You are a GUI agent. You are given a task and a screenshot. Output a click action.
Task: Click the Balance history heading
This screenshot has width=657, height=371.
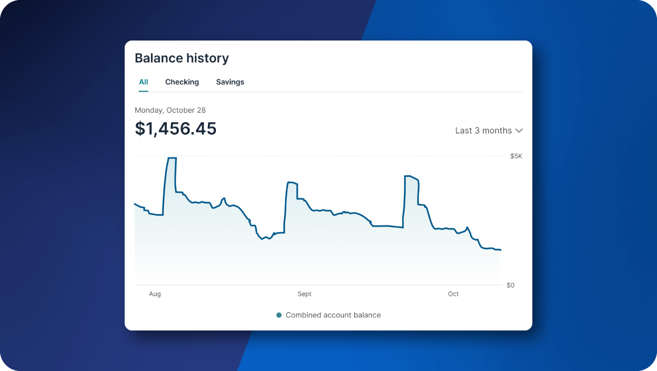pos(182,58)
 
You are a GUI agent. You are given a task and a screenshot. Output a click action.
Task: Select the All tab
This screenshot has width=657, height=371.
pos(143,82)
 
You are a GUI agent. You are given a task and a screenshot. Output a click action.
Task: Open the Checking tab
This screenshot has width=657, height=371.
pos(182,82)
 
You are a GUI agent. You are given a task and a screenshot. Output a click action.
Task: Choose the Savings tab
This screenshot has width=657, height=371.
pos(230,82)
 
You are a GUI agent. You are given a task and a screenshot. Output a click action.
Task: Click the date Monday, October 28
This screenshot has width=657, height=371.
pos(170,110)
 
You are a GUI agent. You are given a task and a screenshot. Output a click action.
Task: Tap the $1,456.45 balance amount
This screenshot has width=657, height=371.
pos(175,129)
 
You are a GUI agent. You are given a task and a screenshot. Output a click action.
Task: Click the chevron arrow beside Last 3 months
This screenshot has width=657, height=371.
pos(519,131)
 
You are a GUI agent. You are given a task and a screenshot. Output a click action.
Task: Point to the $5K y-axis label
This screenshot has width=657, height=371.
pos(516,156)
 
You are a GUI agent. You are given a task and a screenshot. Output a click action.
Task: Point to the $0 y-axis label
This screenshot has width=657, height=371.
pos(510,285)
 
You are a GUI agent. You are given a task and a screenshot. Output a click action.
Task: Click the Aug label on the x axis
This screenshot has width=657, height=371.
pos(155,295)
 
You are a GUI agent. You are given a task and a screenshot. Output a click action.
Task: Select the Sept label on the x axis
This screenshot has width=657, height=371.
pos(305,295)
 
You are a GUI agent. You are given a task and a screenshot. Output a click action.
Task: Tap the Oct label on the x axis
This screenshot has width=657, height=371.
pos(453,295)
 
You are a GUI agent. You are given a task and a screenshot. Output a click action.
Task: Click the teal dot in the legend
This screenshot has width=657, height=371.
pos(279,315)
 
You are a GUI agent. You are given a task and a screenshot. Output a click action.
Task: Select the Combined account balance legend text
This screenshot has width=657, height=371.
pos(333,315)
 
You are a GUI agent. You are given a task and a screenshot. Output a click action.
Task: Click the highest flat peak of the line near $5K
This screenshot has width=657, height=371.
pos(171,158)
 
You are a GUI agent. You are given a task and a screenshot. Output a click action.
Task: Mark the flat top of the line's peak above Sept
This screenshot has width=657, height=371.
pos(293,183)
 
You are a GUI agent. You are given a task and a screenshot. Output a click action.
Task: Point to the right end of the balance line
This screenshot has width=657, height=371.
pos(500,250)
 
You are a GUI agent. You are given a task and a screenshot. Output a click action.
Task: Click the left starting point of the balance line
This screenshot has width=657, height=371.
pos(135,204)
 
